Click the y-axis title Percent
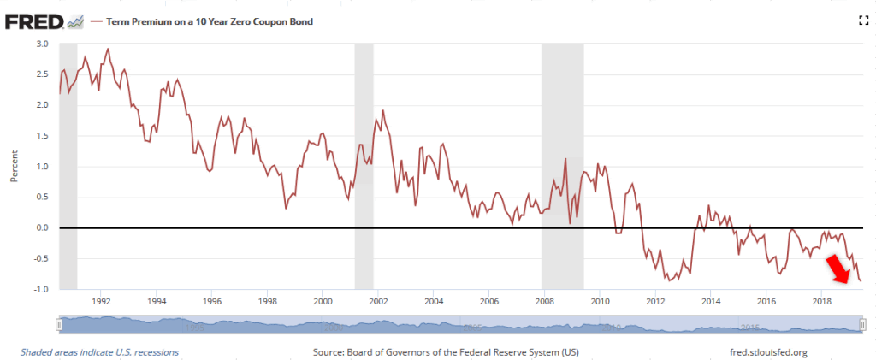tap(15, 167)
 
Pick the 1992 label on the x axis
tap(101, 302)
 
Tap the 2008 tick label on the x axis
tap(544, 302)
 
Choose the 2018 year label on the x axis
tap(822, 302)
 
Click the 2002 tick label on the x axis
tap(378, 302)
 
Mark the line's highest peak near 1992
tap(108, 49)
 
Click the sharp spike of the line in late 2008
tap(565, 159)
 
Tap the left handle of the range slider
tap(59, 324)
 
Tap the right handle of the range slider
tap(862, 324)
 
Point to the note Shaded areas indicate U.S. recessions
tap(99, 352)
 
